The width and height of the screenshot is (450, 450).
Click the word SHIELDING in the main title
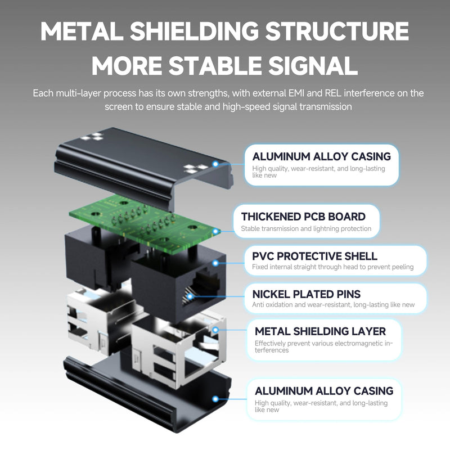(x=194, y=31)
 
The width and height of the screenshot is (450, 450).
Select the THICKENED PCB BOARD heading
(x=303, y=217)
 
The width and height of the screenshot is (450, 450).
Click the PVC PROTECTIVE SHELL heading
(x=314, y=256)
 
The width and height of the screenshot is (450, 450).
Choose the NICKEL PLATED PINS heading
(x=306, y=294)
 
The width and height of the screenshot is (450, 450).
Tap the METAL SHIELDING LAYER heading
(x=320, y=331)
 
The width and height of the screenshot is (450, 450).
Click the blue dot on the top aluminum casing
(x=215, y=164)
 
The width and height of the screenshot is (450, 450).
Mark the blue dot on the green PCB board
(x=215, y=231)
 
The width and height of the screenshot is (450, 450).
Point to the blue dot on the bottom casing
(x=215, y=399)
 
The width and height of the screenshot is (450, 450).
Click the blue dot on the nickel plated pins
(x=190, y=296)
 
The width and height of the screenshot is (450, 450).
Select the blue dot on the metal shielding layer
(x=215, y=330)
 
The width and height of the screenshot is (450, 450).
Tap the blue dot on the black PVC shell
(x=215, y=263)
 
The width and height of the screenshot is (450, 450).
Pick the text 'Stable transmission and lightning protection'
(x=306, y=229)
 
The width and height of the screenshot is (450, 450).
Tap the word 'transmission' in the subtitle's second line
(x=326, y=107)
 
